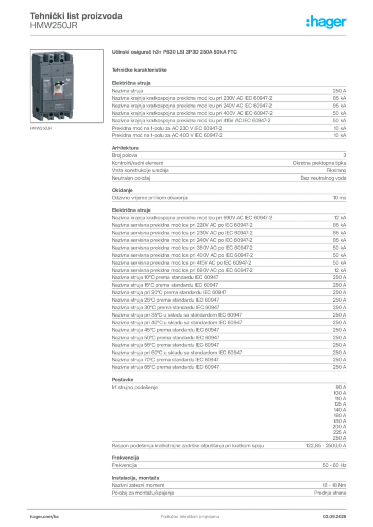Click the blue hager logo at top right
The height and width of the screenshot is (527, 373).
pos(327,23)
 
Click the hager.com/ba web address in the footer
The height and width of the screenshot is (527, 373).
pos(43,514)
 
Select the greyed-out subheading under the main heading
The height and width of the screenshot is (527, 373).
pos(140,69)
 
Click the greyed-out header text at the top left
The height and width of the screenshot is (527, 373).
pos(76,16)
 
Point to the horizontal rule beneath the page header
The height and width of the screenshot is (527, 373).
pos(190,34)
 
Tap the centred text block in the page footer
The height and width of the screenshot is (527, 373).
pos(184,514)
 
